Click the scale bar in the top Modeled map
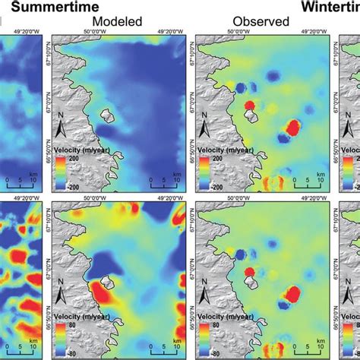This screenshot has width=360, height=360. click(164, 183)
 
